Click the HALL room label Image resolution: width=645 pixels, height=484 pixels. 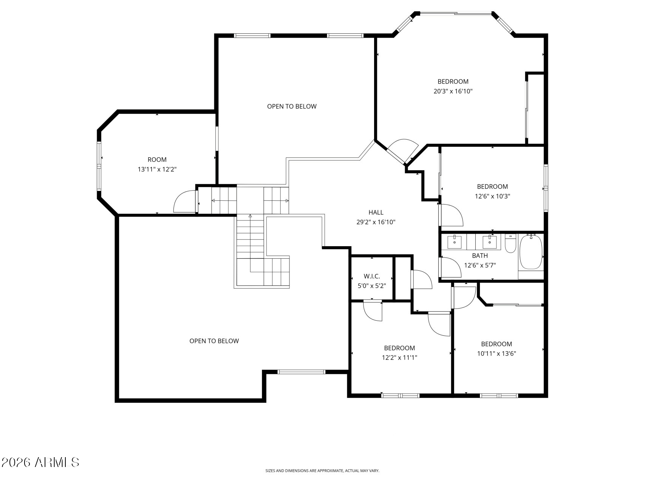[376, 213]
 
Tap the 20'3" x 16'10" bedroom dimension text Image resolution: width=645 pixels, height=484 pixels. [453, 91]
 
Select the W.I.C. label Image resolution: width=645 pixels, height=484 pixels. [372, 276]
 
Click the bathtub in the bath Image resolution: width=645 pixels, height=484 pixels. [531, 252]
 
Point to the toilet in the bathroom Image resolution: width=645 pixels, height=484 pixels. [510, 244]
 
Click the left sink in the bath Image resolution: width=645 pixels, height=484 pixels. [455, 241]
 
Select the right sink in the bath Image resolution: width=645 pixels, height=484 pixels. [490, 241]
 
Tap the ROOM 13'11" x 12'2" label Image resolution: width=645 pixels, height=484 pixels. [157, 164]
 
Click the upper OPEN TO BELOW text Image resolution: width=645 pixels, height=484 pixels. [292, 106]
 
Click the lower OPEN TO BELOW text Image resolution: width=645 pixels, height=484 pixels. [214, 341]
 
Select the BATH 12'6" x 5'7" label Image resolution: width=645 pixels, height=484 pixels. [479, 261]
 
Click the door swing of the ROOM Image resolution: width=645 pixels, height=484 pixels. [184, 202]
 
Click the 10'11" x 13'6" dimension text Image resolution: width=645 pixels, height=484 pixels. [497, 354]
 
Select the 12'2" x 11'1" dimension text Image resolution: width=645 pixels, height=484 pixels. [399, 358]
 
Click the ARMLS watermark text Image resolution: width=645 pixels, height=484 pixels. [40, 462]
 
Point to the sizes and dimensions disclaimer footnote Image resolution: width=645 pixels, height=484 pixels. [322, 471]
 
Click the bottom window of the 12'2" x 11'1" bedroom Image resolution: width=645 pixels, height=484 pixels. [400, 396]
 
